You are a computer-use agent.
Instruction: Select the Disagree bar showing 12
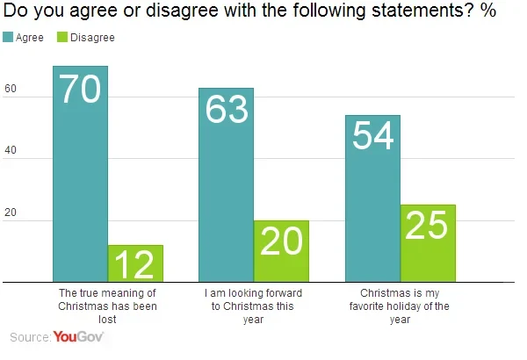135,263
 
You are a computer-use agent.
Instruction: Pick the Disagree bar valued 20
281,251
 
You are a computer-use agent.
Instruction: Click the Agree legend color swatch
9,38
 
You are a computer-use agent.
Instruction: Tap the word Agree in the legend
30,38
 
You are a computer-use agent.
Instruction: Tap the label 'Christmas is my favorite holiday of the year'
400,306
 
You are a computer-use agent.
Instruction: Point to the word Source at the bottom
29,337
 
